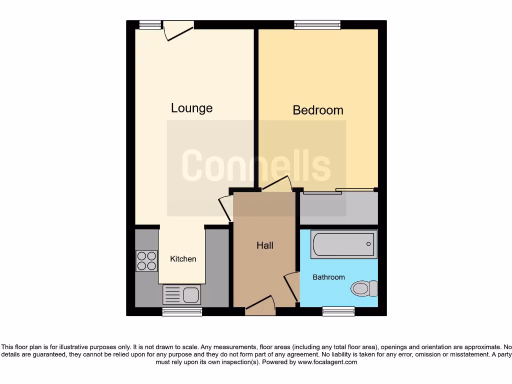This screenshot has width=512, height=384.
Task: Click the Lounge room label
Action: click(x=191, y=108)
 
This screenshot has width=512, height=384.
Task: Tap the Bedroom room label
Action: click(x=318, y=110)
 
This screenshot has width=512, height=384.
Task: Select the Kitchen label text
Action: click(x=183, y=259)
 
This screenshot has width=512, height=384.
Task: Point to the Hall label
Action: click(x=265, y=245)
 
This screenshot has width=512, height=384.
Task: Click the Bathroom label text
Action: click(x=328, y=277)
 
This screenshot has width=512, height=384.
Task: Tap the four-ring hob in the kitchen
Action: click(x=146, y=260)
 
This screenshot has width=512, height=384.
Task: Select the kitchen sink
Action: click(x=181, y=294)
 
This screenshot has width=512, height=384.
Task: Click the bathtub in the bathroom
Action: click(x=342, y=244)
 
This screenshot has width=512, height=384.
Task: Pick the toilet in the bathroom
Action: click(x=364, y=288)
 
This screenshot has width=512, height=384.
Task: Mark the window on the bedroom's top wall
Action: click(x=317, y=24)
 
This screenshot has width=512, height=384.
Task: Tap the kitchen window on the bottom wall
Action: click(x=182, y=311)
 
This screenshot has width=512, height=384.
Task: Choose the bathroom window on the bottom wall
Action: click(x=338, y=311)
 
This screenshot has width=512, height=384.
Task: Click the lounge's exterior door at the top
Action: click(x=178, y=29)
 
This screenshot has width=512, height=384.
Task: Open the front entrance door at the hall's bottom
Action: click(x=260, y=305)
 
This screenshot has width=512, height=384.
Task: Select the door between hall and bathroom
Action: click(x=291, y=286)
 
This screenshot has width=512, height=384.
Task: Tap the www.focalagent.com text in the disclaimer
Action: click(x=327, y=362)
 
